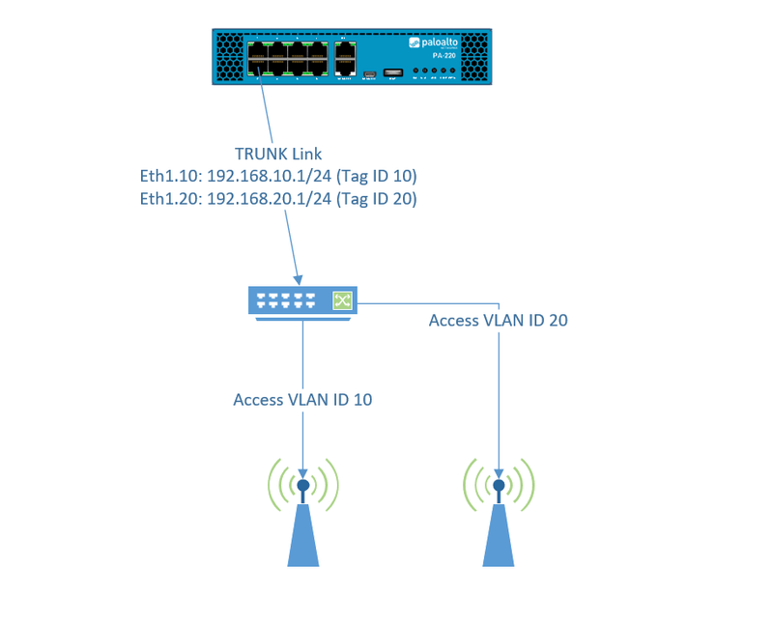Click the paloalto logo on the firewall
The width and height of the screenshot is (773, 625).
[x=431, y=43]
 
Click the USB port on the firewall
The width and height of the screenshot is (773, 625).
[x=393, y=72]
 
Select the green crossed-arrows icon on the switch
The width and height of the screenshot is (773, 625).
[x=342, y=300]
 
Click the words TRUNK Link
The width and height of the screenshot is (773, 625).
[x=278, y=155]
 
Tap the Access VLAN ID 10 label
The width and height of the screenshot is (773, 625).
[x=302, y=400]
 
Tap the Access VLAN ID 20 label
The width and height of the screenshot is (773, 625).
[x=498, y=321]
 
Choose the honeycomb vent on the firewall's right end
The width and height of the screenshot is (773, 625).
[x=475, y=58]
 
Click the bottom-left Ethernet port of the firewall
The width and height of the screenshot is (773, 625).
[x=258, y=66]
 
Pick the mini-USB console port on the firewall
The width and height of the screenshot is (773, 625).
[x=368, y=73]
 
